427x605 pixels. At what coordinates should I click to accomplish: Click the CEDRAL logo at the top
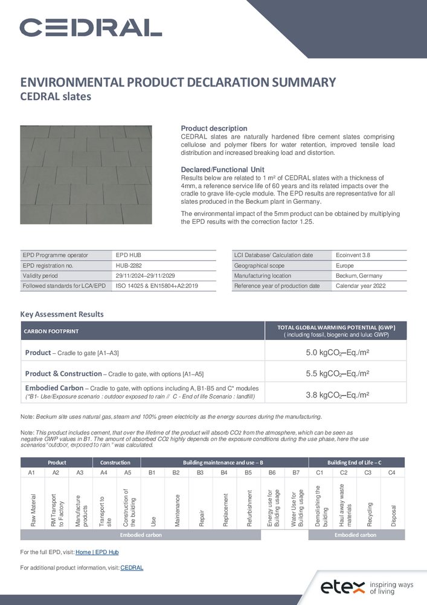[x=91, y=27]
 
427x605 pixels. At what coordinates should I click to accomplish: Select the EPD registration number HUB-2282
[x=129, y=265]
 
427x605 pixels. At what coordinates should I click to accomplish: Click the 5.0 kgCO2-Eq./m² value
[x=338, y=353]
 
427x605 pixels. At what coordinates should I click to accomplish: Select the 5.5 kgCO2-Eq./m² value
[x=338, y=374]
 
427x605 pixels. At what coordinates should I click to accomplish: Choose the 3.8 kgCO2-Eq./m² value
[x=338, y=394]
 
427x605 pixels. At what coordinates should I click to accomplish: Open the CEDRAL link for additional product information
[x=132, y=567]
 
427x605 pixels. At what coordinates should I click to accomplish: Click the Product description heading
[x=214, y=128]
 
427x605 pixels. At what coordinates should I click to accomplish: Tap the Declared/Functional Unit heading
[x=222, y=169]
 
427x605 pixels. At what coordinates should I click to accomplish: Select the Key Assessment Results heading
[x=62, y=314]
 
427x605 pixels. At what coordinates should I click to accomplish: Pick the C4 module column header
[x=392, y=472]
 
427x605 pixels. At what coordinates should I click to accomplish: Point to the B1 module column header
[x=152, y=472]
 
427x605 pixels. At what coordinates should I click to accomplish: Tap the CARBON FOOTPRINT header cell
[x=51, y=331]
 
